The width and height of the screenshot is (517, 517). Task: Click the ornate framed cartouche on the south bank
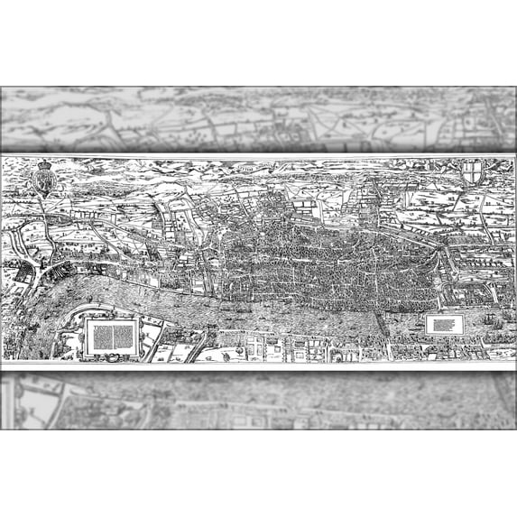coord(112,335)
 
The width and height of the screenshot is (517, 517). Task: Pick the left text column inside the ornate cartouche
coord(101,335)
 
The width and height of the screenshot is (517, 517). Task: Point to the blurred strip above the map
coord(258,117)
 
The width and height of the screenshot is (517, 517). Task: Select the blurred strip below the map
coord(258,401)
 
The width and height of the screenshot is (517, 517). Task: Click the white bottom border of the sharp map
coord(258,365)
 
